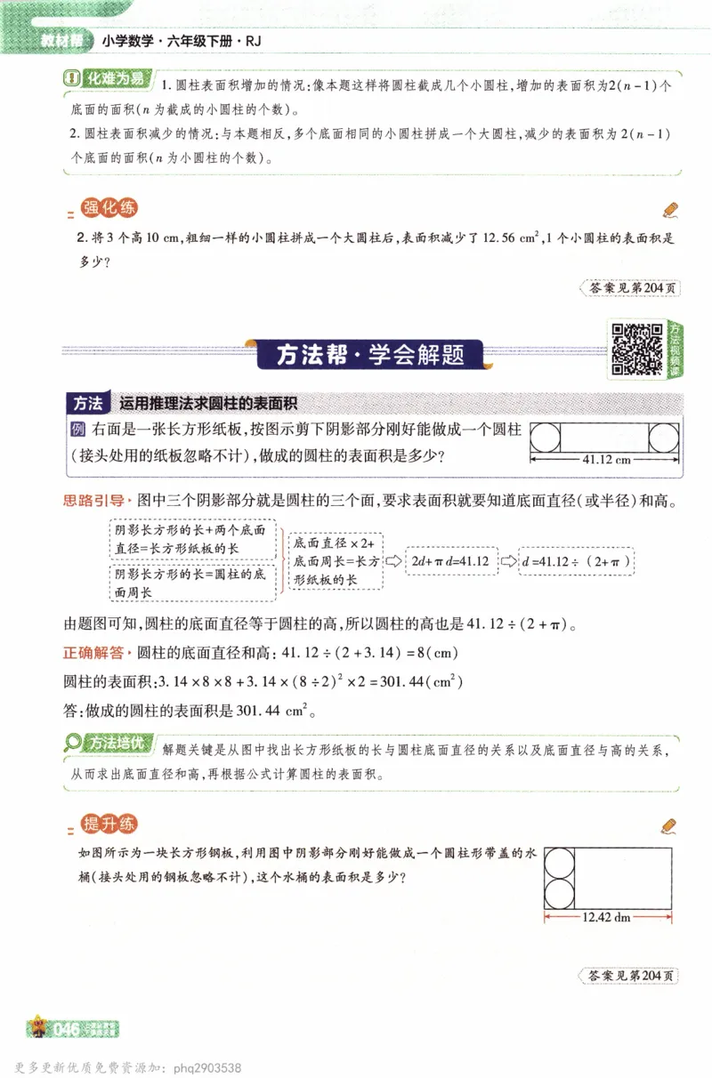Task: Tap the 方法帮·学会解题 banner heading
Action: point(370,356)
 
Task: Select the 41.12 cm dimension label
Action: point(605,460)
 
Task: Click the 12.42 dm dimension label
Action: point(606,917)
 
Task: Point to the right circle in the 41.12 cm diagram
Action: point(664,438)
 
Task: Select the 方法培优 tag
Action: point(110,742)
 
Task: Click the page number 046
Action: point(68,1030)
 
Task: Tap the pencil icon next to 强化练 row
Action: point(670,210)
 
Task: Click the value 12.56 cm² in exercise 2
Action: point(511,238)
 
